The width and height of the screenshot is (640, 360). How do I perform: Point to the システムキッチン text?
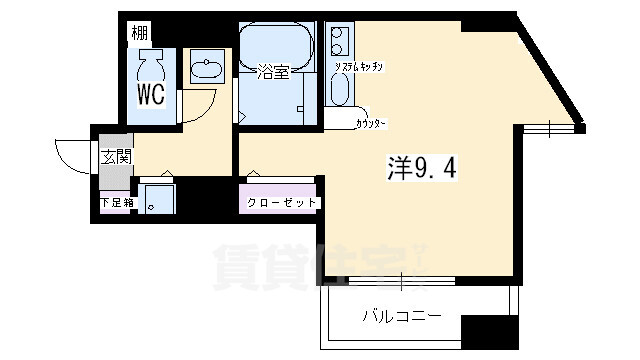click(x=376, y=66)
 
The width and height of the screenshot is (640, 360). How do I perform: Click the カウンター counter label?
click(x=371, y=124)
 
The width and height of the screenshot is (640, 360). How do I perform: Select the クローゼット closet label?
click(x=282, y=203)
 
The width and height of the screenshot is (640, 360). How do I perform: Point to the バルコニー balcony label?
click(x=401, y=317)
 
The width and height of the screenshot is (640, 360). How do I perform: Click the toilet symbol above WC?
click(x=152, y=65)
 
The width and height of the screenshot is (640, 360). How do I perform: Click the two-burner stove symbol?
click(x=338, y=42)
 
